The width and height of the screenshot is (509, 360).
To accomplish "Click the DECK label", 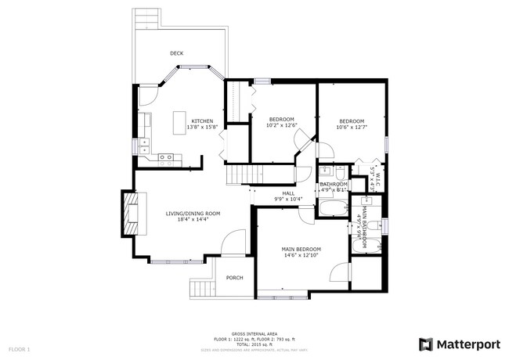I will pos(177,53).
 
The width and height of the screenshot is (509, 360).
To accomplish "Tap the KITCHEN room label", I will pos(202,121).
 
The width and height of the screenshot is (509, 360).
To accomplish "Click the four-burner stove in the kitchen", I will pos(167,159).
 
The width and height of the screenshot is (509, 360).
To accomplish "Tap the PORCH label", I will pos(234,278).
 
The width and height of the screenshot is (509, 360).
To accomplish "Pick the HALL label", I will pos(288,193).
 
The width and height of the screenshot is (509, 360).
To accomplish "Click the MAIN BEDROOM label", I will pos(301,249).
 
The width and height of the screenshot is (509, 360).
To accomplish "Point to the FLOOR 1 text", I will pos(19,348).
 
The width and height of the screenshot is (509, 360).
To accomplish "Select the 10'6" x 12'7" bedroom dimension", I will pos(352,127).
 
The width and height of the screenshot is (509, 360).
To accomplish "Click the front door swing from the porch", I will pos(233,243).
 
